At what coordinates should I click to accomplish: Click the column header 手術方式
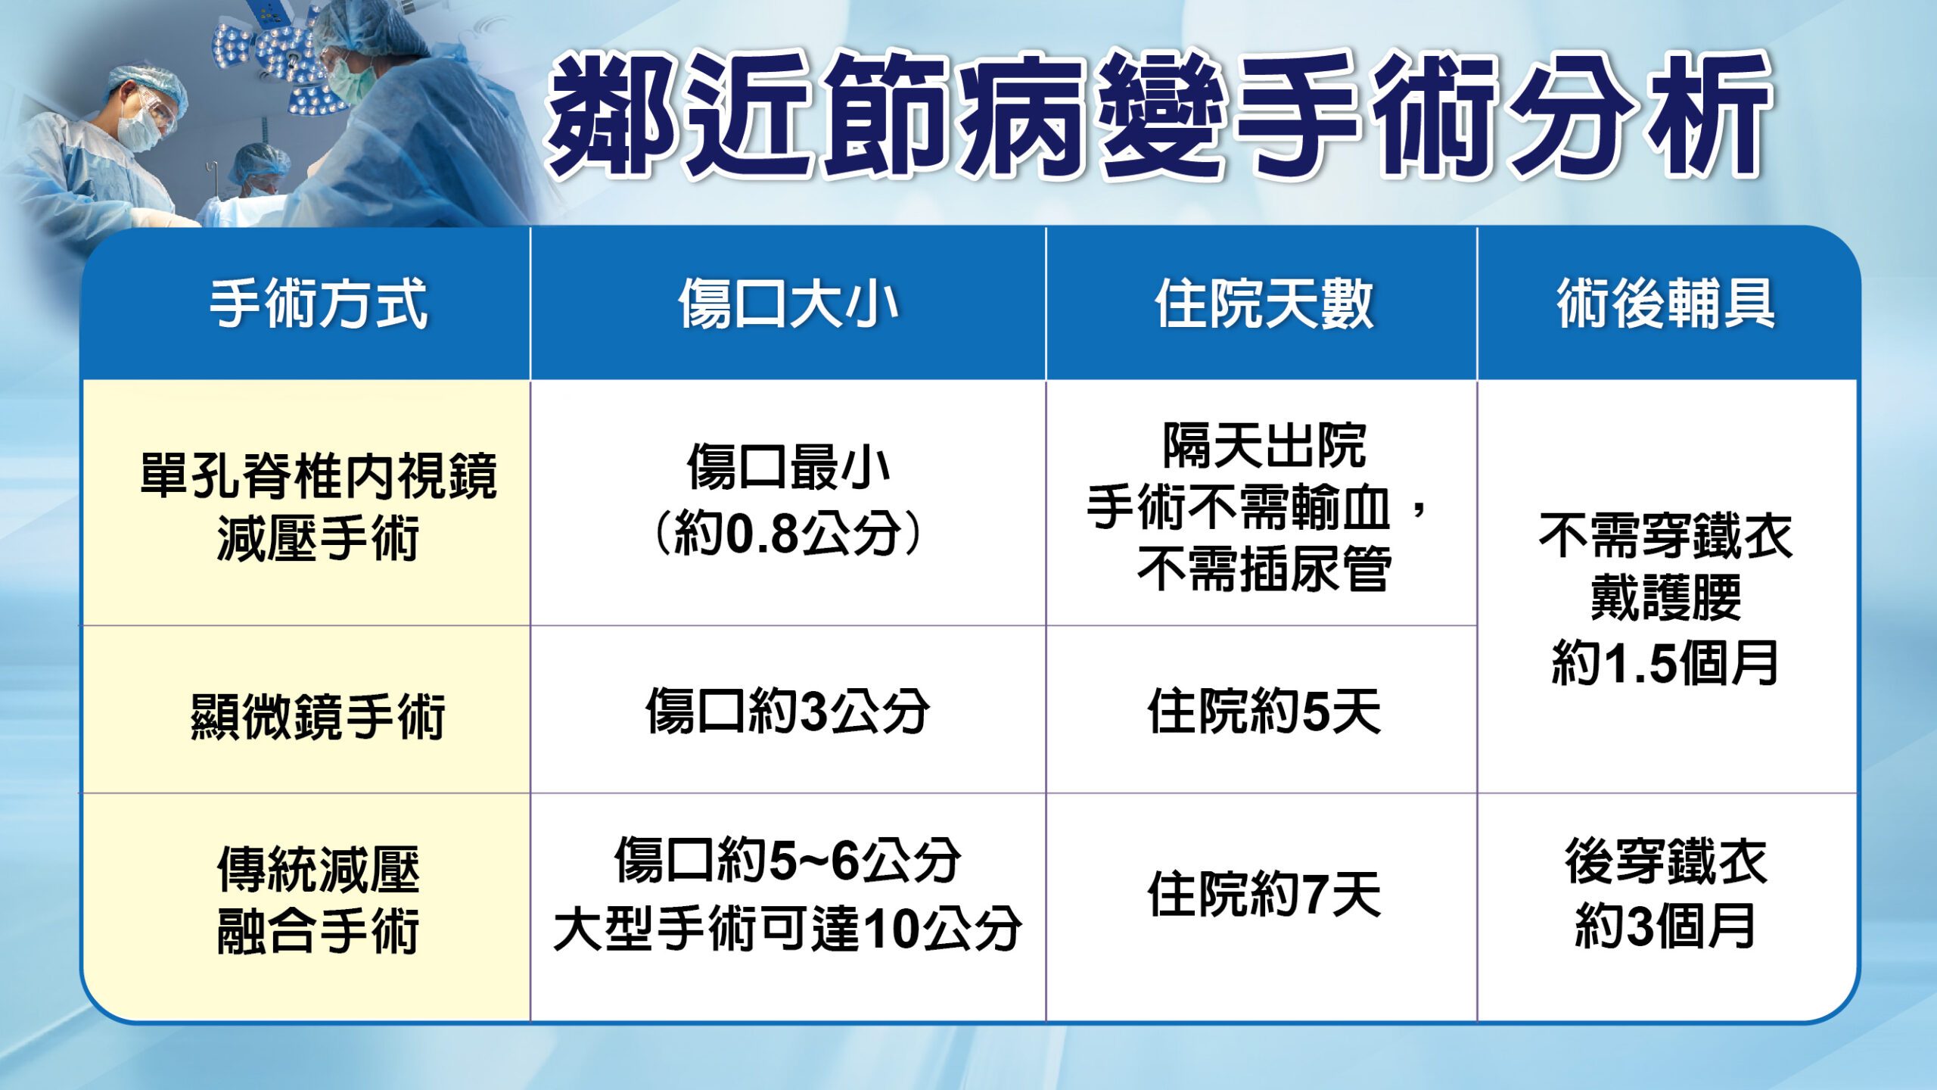(x=318, y=304)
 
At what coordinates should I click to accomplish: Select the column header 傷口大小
(x=788, y=304)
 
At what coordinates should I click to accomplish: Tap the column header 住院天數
(x=1263, y=304)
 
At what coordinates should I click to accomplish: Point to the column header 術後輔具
(x=1665, y=304)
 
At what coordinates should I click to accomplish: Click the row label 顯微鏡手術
(x=318, y=715)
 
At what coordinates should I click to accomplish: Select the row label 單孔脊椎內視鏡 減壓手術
(x=318, y=507)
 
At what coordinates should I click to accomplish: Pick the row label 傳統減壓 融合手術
(x=318, y=901)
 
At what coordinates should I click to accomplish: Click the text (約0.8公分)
(x=788, y=534)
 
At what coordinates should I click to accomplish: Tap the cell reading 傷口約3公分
(x=788, y=712)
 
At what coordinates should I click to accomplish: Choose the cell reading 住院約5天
(x=1263, y=712)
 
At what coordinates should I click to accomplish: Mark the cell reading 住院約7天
(x=1263, y=895)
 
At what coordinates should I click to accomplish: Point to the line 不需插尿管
(x=1263, y=569)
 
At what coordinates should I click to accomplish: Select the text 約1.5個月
(x=1665, y=663)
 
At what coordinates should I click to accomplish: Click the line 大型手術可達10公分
(x=788, y=930)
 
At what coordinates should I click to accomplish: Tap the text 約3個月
(x=1665, y=926)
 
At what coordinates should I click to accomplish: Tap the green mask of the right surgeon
(x=351, y=79)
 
